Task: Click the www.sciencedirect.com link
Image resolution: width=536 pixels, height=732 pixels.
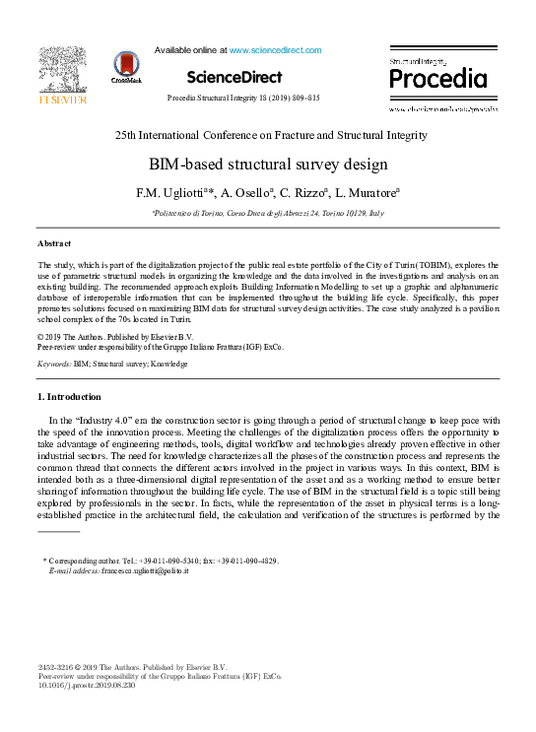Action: point(275,49)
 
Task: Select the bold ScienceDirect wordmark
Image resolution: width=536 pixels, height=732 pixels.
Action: point(234,77)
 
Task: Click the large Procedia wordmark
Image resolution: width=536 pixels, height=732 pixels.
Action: point(437,79)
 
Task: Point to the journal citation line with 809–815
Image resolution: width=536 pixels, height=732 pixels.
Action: point(243,100)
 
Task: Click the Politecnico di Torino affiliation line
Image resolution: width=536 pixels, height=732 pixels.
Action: point(268,212)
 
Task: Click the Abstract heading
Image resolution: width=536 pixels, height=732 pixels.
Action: point(54,242)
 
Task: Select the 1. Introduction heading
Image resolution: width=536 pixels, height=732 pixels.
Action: point(68,397)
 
